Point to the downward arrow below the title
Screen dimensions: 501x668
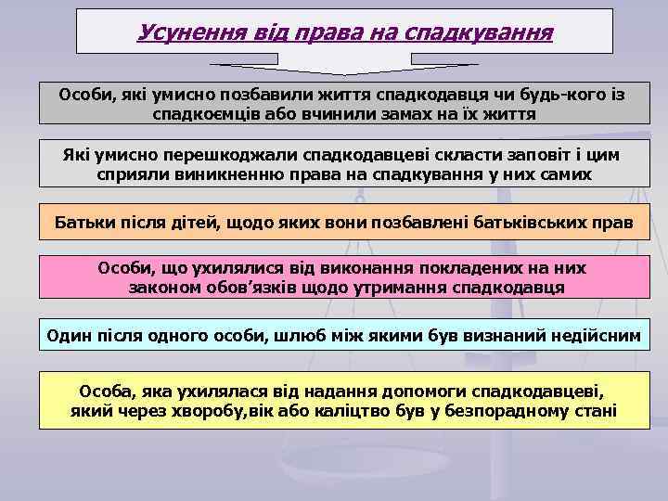(x=344, y=66)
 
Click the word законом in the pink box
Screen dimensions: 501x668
(x=158, y=288)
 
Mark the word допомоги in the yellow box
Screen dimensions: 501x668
(x=422, y=391)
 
